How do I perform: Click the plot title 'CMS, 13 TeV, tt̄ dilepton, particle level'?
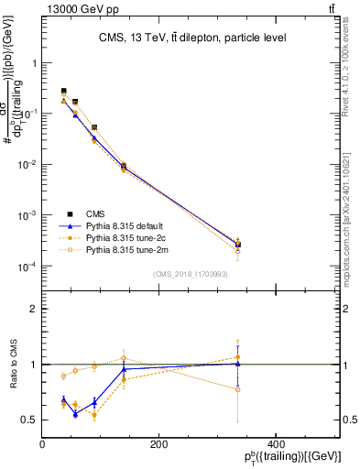pyautogui.click(x=192, y=38)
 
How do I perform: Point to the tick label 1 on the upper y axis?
pyautogui.click(x=33, y=63)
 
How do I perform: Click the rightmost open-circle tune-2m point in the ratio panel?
pyautogui.click(x=238, y=389)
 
